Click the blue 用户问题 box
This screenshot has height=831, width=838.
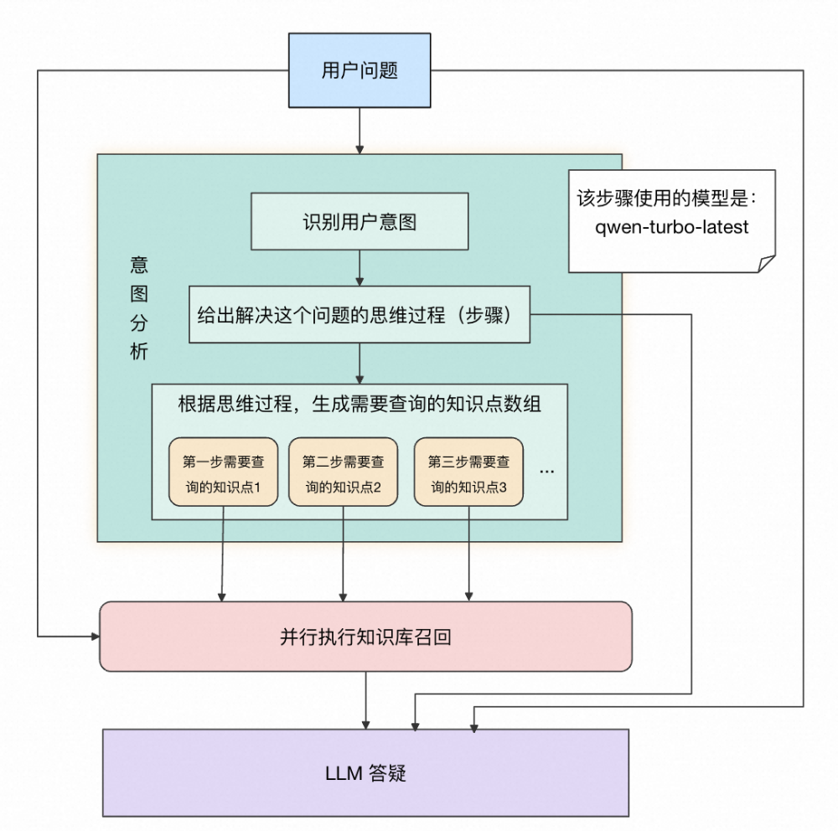tap(360, 71)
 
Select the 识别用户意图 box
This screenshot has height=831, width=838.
tap(360, 221)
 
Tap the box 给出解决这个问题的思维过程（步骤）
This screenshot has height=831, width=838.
tap(360, 314)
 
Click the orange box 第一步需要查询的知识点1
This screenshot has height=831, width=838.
tap(223, 472)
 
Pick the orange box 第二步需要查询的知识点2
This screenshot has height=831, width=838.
tap(343, 472)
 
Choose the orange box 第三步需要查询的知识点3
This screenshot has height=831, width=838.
tap(468, 472)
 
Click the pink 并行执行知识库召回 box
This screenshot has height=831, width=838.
tap(365, 637)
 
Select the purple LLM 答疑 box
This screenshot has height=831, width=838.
tap(365, 772)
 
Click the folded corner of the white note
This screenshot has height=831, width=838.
tap(766, 264)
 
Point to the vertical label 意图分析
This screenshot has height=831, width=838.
tap(138, 308)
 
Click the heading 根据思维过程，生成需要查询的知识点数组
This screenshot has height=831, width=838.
tap(360, 405)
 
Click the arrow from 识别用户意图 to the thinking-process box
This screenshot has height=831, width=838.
tap(360, 267)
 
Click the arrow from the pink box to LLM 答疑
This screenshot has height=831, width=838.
tap(366, 699)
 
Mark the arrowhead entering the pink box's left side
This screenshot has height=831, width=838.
tap(93, 637)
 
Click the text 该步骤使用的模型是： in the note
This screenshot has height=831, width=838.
tap(667, 199)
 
